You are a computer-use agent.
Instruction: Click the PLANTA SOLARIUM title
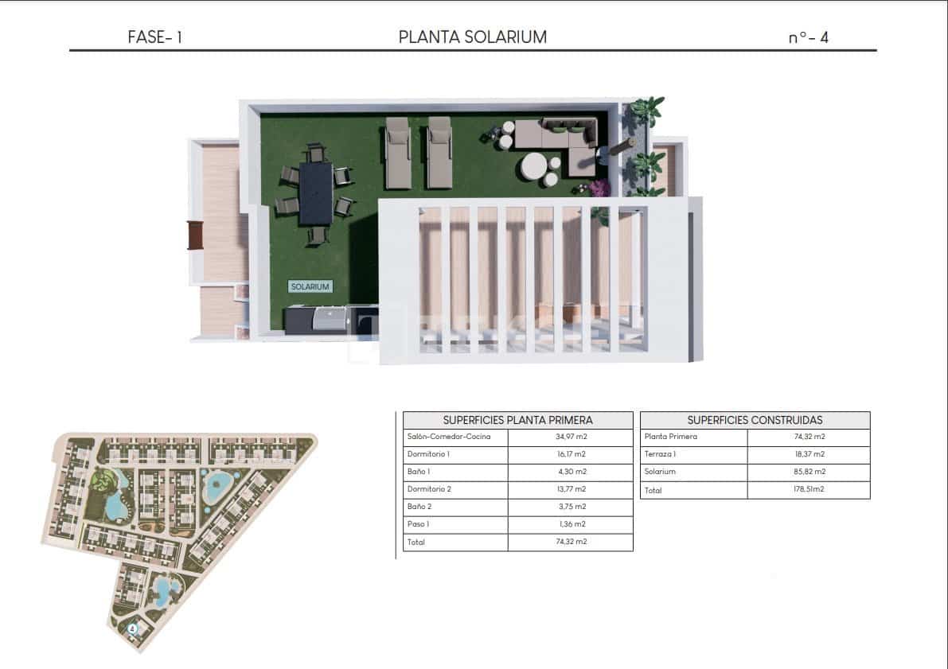(472, 37)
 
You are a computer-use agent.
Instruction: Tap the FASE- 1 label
(154, 37)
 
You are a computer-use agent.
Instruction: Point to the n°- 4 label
(809, 37)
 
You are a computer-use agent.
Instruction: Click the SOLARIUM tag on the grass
(310, 286)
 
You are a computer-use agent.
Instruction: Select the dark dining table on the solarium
(316, 193)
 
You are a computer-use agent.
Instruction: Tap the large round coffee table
(534, 166)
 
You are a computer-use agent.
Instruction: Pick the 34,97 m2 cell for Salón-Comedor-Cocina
(572, 437)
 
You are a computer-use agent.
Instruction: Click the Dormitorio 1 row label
(429, 454)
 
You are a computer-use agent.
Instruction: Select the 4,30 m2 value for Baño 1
(572, 472)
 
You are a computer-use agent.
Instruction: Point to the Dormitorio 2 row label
(429, 489)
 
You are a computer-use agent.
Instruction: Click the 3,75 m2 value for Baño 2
(572, 507)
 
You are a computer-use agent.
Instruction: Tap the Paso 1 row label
(419, 524)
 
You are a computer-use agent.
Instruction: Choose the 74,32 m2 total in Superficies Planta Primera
(572, 542)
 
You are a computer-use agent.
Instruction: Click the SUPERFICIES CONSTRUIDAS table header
(755, 420)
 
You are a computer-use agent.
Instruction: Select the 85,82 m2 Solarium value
(810, 472)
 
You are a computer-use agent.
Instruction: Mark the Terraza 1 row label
(660, 454)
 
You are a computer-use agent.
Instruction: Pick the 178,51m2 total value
(809, 489)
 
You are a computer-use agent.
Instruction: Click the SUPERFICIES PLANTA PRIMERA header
(517, 420)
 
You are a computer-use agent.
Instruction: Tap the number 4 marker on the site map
(132, 628)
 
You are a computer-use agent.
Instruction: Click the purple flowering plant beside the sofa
(599, 188)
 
